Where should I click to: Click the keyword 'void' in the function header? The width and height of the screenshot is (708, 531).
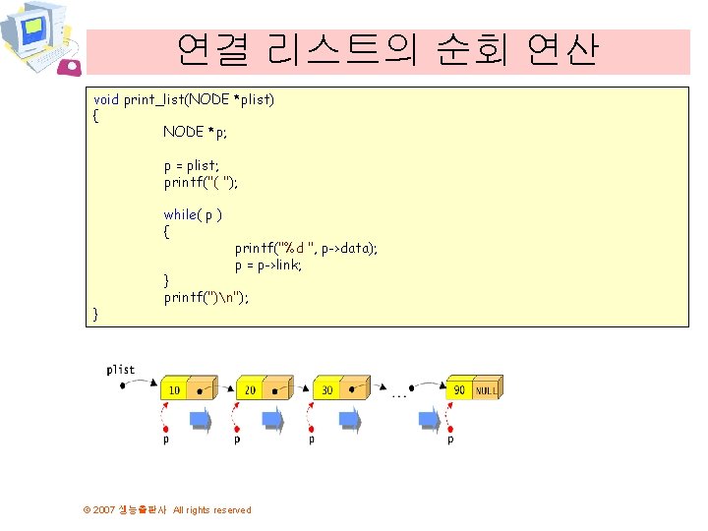pos(106,100)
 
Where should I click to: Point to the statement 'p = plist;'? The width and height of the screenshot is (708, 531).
pos(192,166)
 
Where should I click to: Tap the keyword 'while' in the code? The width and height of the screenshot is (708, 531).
pos(180,214)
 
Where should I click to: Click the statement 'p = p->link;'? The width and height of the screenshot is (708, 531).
pos(268,265)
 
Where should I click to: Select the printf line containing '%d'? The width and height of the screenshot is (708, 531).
pos(306,249)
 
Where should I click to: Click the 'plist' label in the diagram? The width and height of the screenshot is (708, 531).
pos(121,370)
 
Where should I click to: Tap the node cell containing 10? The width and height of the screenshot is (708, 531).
pos(173,390)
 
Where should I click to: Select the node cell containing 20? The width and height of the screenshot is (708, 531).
pos(249,390)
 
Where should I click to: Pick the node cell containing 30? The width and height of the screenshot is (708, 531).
pos(325,390)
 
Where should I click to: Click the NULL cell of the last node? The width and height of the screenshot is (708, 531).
pos(486,390)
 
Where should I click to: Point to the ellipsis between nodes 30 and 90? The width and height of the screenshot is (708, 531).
pos(400,395)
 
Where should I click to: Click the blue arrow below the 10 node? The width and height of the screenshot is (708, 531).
pos(200,420)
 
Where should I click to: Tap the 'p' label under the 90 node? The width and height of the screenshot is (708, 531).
pos(450,441)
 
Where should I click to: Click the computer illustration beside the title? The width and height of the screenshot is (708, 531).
pos(39,39)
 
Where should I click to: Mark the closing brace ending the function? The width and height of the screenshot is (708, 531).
pos(95,314)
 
